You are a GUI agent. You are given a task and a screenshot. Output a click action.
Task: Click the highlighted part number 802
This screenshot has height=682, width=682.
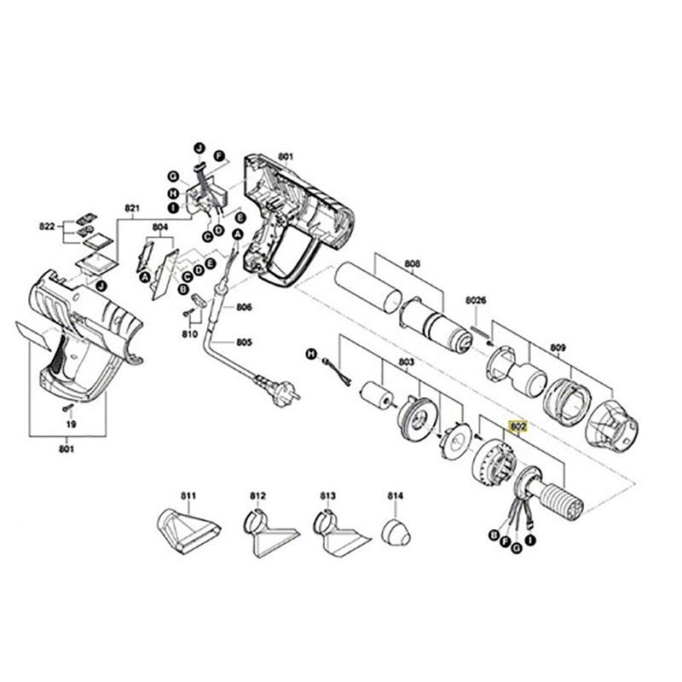pyautogui.click(x=517, y=424)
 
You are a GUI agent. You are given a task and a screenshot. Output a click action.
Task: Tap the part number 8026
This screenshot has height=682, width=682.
pyautogui.click(x=476, y=300)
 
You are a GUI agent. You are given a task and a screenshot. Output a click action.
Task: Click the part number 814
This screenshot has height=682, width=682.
pyautogui.click(x=395, y=495)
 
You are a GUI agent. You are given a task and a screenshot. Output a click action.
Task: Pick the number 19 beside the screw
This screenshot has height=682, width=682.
pyautogui.click(x=71, y=424)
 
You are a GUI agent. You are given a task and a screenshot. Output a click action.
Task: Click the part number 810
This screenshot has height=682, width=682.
pyautogui.click(x=189, y=333)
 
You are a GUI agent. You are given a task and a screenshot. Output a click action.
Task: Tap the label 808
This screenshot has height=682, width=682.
pyautogui.click(x=413, y=263)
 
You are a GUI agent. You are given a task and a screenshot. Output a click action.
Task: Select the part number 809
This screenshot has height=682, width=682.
pyautogui.click(x=558, y=347)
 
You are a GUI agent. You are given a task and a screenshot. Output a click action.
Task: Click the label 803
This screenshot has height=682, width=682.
pyautogui.click(x=407, y=362)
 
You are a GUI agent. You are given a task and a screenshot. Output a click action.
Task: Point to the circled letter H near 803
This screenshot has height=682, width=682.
pyautogui.click(x=311, y=353)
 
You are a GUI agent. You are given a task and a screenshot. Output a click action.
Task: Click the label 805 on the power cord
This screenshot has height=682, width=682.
pyautogui.click(x=245, y=343)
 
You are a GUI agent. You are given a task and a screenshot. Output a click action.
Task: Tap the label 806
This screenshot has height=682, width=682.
pyautogui.click(x=245, y=307)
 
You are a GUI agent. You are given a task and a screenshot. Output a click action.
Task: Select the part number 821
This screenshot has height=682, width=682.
pyautogui.click(x=131, y=208)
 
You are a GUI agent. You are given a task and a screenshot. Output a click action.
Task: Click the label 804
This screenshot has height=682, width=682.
pyautogui.click(x=160, y=227)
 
